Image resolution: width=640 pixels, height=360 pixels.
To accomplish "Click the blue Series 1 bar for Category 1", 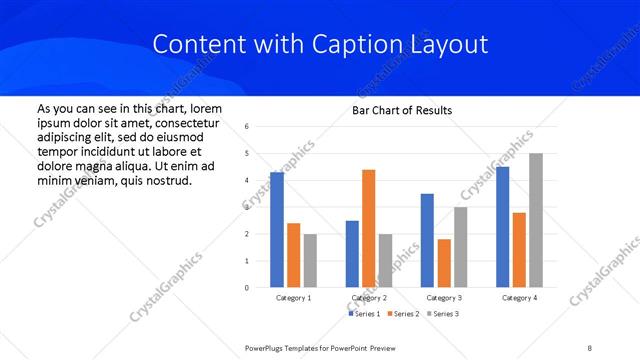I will coord(277,230).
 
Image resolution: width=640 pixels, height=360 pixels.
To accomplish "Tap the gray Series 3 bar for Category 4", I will coord(536,220).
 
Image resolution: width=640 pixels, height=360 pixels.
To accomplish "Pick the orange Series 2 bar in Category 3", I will coord(444,263).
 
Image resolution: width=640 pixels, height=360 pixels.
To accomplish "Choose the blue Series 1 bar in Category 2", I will coord(352,254).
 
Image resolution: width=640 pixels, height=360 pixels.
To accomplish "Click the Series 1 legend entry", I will coord(364,314).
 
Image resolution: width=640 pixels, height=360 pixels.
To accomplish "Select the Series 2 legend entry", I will coord(402,314).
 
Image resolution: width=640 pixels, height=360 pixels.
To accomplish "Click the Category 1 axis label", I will coord(293,298).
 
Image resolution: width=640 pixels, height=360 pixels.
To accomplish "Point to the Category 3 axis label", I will coord(444,298).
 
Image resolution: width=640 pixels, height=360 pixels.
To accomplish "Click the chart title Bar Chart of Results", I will coord(402,110).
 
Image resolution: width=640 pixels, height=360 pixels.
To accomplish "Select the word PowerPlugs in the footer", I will coord(264,347).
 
